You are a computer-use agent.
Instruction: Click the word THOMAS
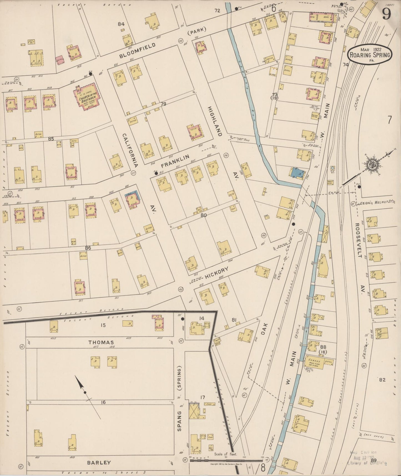[101, 342]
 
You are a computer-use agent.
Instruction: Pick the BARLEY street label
[99, 462]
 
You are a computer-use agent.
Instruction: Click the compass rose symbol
[372, 164]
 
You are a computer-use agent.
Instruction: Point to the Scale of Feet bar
[226, 460]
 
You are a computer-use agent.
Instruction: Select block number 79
[163, 104]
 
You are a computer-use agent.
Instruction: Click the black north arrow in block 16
[82, 387]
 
